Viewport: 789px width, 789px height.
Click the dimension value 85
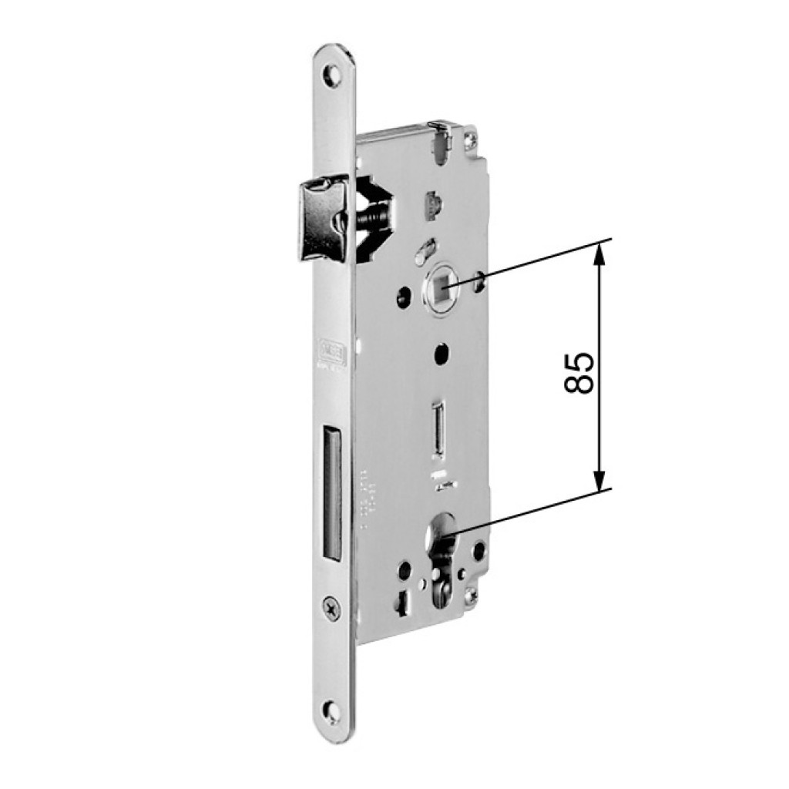tap(579, 373)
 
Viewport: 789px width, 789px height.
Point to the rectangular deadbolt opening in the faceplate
tap(329, 493)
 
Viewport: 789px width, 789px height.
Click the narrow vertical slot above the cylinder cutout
tap(438, 427)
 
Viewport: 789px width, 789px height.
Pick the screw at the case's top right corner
tap(468, 141)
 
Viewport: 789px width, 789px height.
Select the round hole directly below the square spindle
tap(442, 351)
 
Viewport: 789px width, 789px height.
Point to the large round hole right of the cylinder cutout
tap(480, 551)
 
